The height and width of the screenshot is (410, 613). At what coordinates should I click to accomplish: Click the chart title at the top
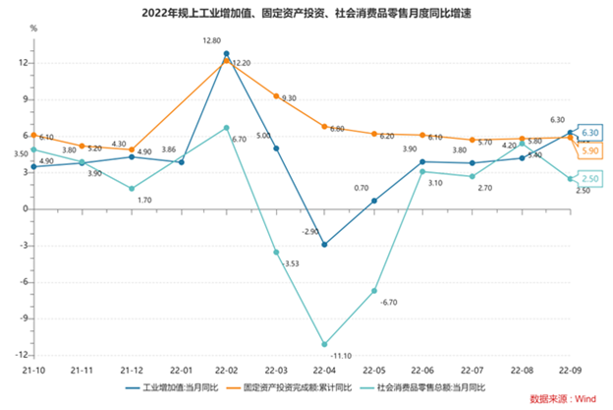[x=306, y=12]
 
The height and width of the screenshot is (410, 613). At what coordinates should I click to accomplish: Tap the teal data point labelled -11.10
[x=324, y=344]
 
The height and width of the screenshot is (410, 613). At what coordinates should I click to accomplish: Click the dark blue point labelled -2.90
[x=324, y=244]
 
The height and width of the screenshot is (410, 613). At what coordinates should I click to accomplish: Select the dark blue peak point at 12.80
[x=227, y=53]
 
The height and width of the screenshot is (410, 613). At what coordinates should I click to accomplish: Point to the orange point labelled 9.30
[x=276, y=95]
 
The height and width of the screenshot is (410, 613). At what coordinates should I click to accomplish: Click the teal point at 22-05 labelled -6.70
[x=373, y=290]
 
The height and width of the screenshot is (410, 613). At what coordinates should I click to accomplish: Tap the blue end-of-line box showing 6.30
[x=590, y=132]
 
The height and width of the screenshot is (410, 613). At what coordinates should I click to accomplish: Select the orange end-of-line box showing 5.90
[x=590, y=150]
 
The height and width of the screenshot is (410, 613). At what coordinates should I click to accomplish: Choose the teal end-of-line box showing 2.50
[x=590, y=178]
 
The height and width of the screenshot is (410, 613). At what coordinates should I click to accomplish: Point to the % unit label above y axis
[x=33, y=29]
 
